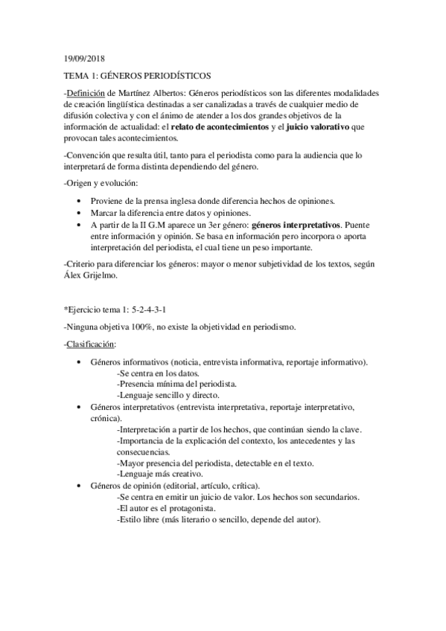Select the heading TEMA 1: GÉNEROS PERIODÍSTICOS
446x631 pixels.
click(x=138, y=75)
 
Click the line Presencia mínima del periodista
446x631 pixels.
click(x=177, y=384)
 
